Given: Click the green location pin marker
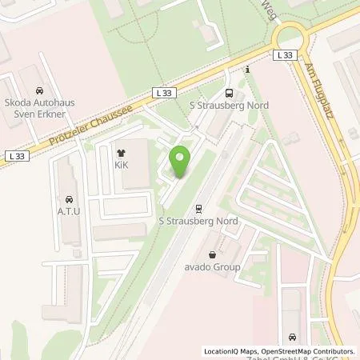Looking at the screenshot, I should tap(182, 160).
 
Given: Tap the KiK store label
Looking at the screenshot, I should tap(122, 166).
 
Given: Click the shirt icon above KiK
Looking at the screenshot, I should tap(122, 153).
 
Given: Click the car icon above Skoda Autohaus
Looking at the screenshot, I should tap(38, 92).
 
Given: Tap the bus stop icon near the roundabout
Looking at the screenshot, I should tap(230, 92).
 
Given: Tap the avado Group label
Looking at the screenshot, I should tap(211, 268).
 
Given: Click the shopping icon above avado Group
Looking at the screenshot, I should tap(211, 254).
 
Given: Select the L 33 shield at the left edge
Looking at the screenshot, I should tap(15, 154).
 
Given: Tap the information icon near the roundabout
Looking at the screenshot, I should tap(248, 70).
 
